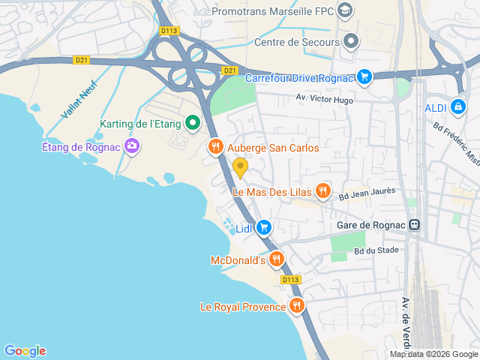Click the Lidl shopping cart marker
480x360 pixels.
(263, 227)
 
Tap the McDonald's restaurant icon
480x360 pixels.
(277, 259)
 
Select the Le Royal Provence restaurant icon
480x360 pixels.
(297, 305)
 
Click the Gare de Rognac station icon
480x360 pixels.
(414, 225)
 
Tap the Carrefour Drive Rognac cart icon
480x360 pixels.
(364, 76)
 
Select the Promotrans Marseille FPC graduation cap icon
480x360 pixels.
(344, 10)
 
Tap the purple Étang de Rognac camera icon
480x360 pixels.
(132, 146)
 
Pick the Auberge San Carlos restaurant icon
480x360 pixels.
(216, 147)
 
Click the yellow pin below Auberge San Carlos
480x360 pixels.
(240, 166)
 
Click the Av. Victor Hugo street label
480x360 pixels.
(323, 98)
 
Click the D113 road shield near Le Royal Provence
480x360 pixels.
(292, 280)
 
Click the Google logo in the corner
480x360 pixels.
(25, 350)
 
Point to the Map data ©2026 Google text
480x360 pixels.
(433, 354)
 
